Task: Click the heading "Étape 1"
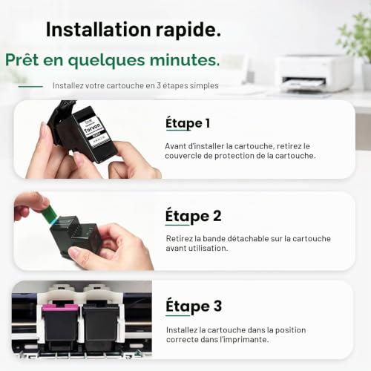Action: (188, 123)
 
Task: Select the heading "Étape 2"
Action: (193, 216)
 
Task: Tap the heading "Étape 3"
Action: (194, 306)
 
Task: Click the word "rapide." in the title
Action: (188, 30)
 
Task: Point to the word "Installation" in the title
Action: (99, 30)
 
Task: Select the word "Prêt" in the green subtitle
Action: (22, 59)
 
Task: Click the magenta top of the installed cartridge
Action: (60, 307)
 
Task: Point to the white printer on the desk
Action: (314, 73)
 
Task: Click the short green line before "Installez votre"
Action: (30, 86)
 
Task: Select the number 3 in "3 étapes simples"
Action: (159, 85)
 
